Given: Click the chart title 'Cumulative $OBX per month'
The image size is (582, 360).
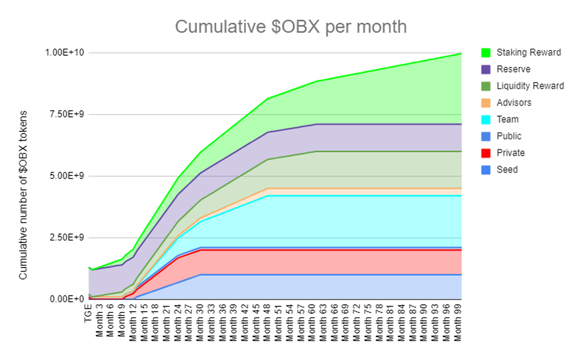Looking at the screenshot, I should [291, 27].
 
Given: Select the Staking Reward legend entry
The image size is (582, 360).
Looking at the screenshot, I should [528, 52].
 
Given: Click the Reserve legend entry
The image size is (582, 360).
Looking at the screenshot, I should [513, 69].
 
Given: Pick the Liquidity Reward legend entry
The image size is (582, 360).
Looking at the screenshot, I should [530, 86].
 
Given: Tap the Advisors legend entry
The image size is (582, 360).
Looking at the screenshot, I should [514, 103].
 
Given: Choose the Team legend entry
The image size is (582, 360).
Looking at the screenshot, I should [507, 119].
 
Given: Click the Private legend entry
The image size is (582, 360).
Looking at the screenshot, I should [510, 153].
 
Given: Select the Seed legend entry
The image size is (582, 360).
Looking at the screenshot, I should [507, 170].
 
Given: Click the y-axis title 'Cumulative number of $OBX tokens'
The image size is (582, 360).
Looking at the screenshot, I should [23, 194].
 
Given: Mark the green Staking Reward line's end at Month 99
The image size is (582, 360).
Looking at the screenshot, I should [460, 53].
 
